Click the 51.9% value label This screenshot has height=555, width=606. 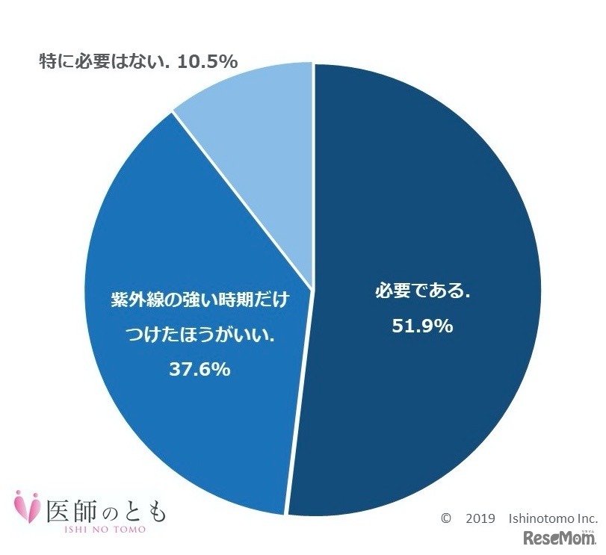coord(423,326)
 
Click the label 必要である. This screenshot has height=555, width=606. coord(422,291)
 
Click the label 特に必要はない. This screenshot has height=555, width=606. coord(105,61)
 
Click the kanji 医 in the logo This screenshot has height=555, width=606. coord(61,509)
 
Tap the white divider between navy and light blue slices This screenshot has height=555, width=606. coord(312,172)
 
